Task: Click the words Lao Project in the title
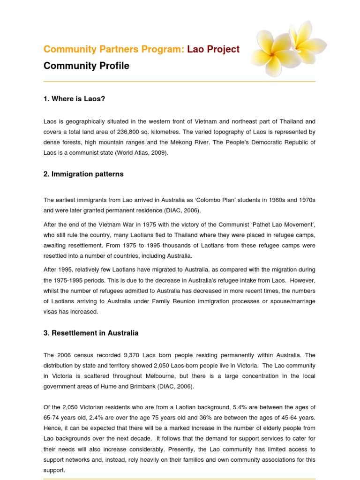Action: coord(213,49)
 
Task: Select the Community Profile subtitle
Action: coord(86,66)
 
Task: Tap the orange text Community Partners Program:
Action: coord(114,49)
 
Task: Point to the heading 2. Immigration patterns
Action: coord(83,174)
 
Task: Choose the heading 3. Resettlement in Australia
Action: coord(91,333)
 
